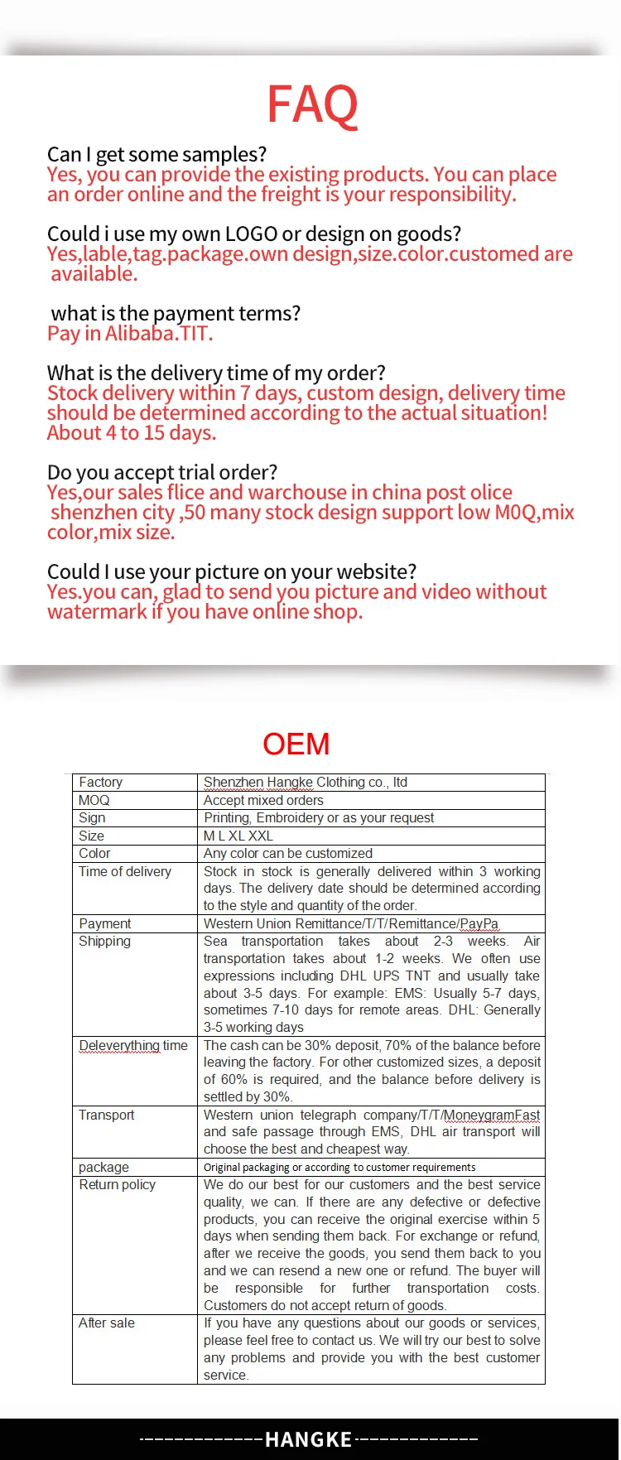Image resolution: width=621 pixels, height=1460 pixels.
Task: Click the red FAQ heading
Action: pos(312,105)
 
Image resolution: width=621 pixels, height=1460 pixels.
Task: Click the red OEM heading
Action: pos(296,744)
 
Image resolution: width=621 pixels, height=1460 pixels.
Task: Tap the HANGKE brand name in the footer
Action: pos(308,1439)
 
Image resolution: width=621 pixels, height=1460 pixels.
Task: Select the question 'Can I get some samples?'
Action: pos(156,154)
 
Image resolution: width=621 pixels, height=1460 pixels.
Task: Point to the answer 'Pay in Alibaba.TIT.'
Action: pos(130,333)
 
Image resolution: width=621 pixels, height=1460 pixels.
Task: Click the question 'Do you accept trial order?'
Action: pos(162,472)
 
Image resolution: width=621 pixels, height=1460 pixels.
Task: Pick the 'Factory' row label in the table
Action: pos(100,782)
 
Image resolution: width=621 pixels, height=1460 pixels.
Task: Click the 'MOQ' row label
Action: pos(94,800)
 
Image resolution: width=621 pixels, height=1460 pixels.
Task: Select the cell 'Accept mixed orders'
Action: pos(263,800)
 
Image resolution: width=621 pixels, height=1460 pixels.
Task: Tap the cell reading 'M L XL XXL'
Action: pos(238,836)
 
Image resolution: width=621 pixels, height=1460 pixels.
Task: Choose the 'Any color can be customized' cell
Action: pos(287,853)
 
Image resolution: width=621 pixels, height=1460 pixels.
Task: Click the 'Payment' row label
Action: pos(104,923)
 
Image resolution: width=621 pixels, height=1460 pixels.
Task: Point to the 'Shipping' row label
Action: pos(104,941)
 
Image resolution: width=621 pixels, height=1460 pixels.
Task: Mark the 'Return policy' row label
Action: pos(117,1184)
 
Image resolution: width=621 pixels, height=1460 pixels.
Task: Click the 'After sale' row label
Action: pos(106,1323)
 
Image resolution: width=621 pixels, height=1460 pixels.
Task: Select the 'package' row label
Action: pos(103,1167)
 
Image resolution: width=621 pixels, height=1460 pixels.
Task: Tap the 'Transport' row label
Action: pos(106,1115)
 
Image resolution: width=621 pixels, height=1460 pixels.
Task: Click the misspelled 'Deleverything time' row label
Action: pos(132,1045)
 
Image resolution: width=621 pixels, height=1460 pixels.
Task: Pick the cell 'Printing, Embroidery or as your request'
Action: pos(319,817)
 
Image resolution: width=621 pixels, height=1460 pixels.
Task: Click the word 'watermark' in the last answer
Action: pos(96,611)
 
